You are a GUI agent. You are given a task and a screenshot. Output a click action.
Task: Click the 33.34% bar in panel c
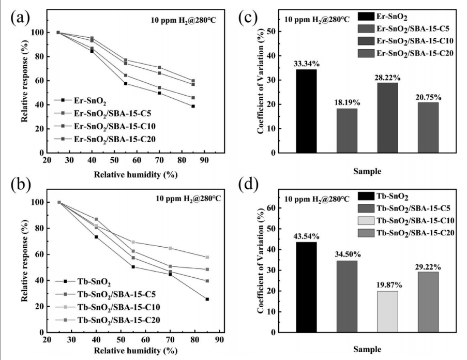click(306, 111)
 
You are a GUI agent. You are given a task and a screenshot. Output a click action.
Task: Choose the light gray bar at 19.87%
click(388, 311)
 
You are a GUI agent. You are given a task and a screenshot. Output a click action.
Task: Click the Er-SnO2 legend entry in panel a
click(83, 100)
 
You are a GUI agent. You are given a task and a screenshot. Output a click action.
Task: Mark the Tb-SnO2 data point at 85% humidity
click(207, 299)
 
